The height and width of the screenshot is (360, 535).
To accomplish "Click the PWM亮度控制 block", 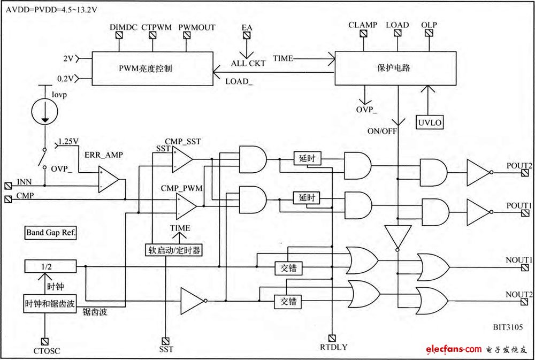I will pos(153,68).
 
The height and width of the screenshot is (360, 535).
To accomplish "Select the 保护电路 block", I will pos(395,68).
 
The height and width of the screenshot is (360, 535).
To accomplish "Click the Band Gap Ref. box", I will pos(51,233).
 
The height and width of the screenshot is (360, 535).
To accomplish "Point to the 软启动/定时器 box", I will pos(174,249).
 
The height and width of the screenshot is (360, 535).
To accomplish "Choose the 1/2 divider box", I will pos(50,266).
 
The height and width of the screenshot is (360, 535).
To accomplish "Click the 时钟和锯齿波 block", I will pos(50,302).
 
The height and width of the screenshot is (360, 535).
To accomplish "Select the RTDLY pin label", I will pos(334,347).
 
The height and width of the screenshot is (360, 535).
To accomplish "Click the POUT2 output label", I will pos(518,166).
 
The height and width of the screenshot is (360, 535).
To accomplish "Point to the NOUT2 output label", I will pos(518,295).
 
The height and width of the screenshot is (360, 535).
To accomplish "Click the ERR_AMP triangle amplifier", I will pos(108,178).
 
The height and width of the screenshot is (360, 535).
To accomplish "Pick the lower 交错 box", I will pos(288,301).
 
